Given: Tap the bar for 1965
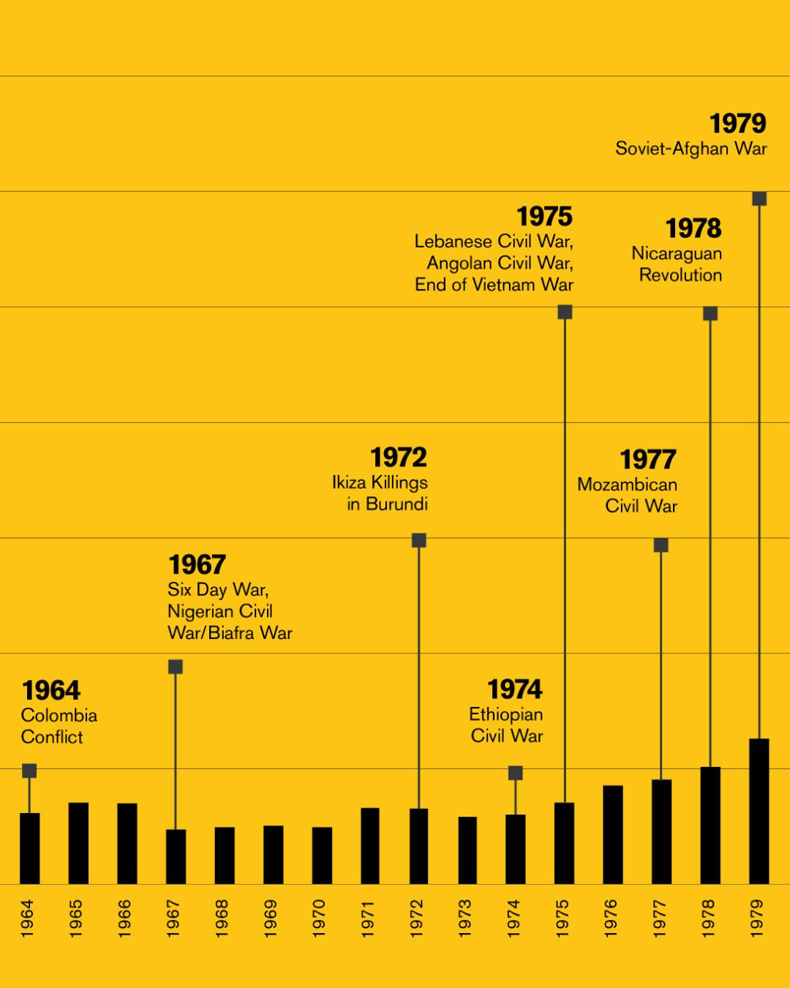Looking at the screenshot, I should pos(78,843).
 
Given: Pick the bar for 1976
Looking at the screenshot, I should pos(613,834).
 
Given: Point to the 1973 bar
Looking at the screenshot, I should pos(467,850).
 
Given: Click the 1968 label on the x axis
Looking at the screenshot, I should pos(222,918).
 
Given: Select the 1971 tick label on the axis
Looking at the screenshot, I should pos(368,918).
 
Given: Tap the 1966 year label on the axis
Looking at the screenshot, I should pos(125,918).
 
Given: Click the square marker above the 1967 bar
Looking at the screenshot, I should pos(176,667).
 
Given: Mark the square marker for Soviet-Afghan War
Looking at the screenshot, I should pos(759,198).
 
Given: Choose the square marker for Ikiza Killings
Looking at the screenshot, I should pos(418,540).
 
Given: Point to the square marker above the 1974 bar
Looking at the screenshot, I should pos(516,773).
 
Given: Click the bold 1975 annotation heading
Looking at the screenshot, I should pos(544,217).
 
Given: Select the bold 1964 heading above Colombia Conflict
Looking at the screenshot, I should pos(51,691).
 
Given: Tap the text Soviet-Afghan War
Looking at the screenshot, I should pos(691,149).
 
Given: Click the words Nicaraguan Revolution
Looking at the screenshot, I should pos(677,264).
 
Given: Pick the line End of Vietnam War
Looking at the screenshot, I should pos(494,285).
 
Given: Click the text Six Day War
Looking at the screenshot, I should pos(217,590).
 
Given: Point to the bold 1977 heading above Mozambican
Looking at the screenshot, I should pos(648,460).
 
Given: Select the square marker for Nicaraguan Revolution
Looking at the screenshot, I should pos(710,313).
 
